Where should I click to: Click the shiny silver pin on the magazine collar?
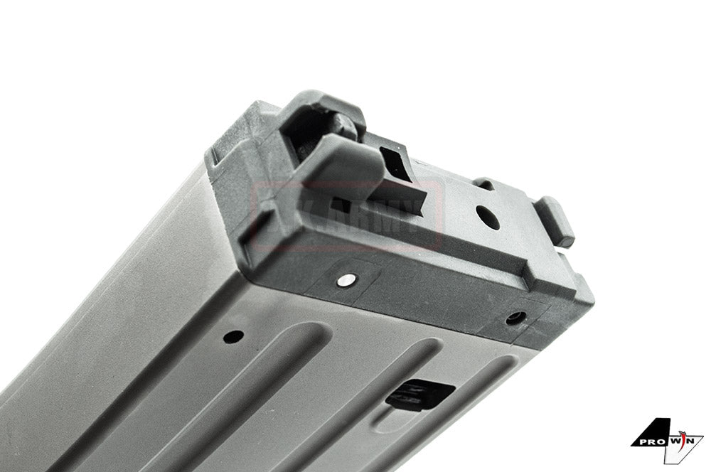tap(346, 279)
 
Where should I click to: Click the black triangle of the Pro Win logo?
tap(658, 430)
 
